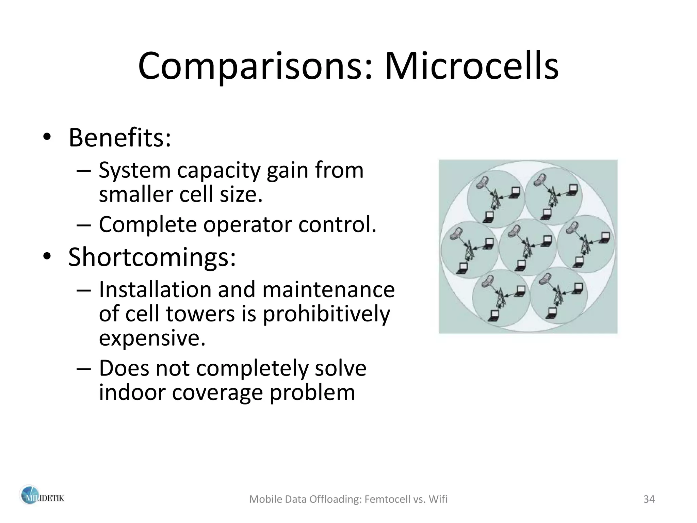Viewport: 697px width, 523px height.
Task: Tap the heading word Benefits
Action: tap(119, 138)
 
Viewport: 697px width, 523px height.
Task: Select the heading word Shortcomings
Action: tap(151, 257)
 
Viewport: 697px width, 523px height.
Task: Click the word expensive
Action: tap(152, 338)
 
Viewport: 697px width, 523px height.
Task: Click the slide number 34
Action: tap(649, 499)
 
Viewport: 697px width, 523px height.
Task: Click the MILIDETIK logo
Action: tap(41, 499)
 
